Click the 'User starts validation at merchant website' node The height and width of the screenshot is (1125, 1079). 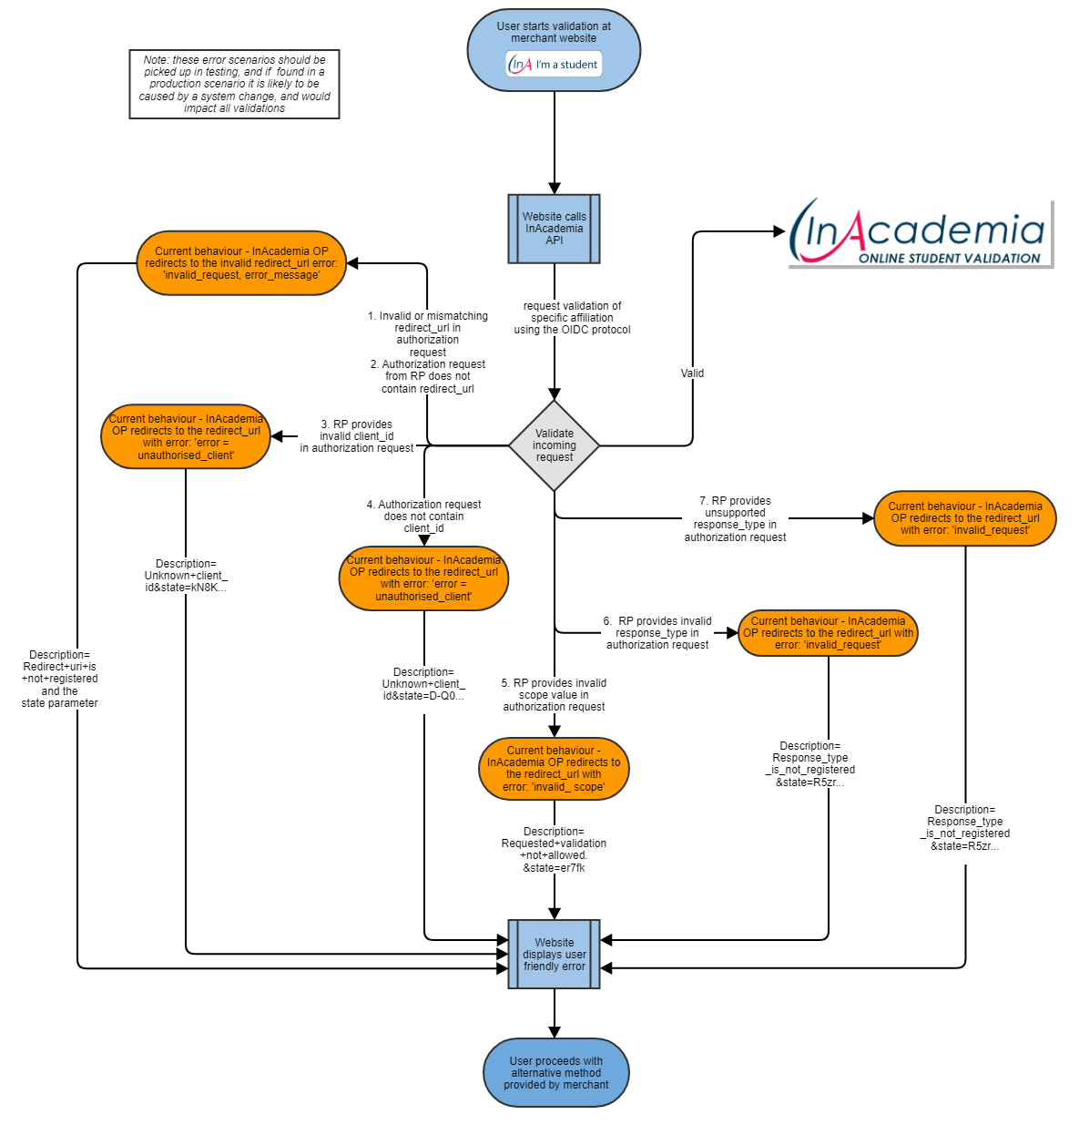[554, 33]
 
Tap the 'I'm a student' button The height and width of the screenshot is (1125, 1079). [555, 65]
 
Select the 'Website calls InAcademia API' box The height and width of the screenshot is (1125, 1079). [554, 229]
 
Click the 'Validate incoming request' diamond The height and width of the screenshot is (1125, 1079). [554, 445]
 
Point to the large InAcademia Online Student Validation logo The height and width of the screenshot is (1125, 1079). [920, 233]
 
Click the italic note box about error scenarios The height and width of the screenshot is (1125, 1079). [234, 84]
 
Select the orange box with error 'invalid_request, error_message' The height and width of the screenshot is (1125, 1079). [241, 263]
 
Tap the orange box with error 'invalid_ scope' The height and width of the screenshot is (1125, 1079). [554, 769]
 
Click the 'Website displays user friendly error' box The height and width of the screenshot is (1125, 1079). [554, 955]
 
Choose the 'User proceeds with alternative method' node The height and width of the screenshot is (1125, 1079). [555, 1073]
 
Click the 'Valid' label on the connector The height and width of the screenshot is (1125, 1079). [692, 373]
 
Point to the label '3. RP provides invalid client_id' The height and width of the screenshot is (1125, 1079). [357, 436]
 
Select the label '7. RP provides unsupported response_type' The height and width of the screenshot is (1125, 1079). [735, 519]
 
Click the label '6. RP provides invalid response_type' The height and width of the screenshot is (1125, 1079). [657, 633]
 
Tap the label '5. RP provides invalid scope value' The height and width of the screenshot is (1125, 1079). [554, 695]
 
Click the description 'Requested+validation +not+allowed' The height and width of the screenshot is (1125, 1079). [554, 850]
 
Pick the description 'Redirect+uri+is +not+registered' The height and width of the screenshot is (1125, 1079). [60, 679]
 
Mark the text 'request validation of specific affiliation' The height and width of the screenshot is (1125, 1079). [572, 318]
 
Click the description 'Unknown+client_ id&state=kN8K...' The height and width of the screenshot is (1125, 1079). [186, 576]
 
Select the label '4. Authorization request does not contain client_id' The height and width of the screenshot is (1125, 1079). [423, 516]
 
